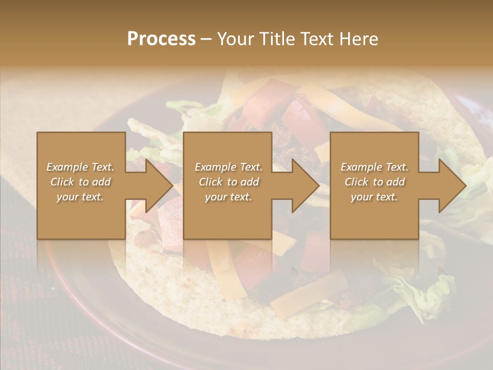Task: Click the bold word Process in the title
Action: [x=161, y=39]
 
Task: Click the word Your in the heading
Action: [x=236, y=39]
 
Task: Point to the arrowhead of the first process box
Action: [x=159, y=186]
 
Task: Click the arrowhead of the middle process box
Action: [x=305, y=186]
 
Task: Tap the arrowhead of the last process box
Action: [x=451, y=186]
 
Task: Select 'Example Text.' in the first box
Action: [x=81, y=167]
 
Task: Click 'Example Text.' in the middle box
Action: [x=229, y=167]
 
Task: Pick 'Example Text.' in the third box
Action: [x=374, y=167]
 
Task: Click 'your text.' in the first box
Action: [x=81, y=197]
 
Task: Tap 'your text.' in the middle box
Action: [x=229, y=197]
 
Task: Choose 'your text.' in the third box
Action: [x=374, y=197]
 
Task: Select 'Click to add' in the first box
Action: [x=81, y=182]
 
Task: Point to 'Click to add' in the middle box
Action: [x=229, y=182]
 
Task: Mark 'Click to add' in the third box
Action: [x=374, y=182]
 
